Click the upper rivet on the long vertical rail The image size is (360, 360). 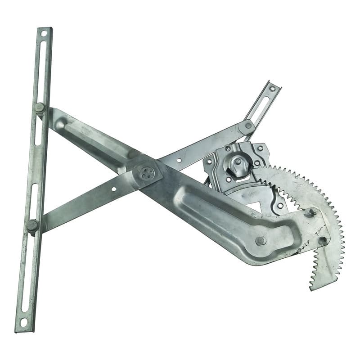(40, 108)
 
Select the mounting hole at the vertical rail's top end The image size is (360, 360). (44, 33)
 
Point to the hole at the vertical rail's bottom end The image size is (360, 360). (23, 322)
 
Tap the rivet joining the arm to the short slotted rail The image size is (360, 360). (248, 126)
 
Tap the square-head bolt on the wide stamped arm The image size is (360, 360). (261, 241)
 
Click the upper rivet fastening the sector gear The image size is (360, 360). (309, 213)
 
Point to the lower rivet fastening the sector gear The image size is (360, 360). (323, 241)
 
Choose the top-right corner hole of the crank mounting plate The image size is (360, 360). (260, 148)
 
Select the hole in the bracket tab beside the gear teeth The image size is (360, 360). (280, 205)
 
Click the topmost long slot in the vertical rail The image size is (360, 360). (41, 67)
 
